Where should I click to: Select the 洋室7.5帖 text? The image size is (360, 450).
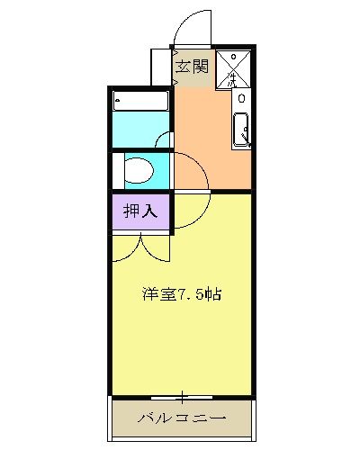(181, 292)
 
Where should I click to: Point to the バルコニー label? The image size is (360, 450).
(181, 418)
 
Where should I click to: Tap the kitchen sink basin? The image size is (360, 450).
(241, 130)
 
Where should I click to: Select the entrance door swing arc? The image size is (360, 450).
(192, 27)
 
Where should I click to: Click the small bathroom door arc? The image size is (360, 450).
(163, 139)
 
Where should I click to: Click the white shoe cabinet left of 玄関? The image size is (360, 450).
(159, 67)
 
